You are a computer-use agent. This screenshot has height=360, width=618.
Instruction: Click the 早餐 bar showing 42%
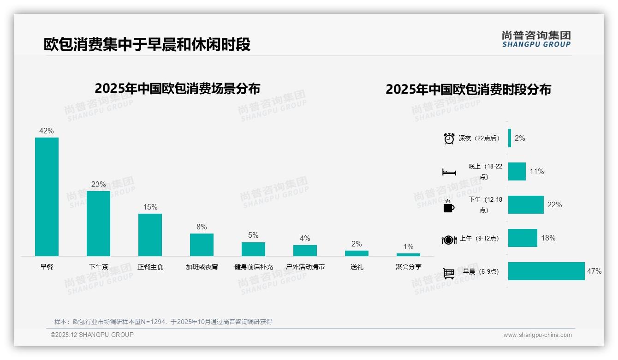point(47,197)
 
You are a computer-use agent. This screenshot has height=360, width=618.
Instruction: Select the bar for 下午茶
point(98,223)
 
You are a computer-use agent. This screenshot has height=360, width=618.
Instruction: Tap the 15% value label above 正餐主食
point(150,207)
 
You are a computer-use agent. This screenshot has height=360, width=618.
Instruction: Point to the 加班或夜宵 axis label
point(202,267)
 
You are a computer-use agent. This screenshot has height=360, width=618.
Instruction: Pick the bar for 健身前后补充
point(253,249)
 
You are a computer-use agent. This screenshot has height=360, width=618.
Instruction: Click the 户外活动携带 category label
point(305,267)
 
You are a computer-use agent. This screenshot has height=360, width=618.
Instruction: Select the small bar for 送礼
point(357,253)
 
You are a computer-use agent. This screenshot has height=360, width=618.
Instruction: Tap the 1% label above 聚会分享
point(408,246)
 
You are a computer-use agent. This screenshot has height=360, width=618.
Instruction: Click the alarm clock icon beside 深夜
point(449,138)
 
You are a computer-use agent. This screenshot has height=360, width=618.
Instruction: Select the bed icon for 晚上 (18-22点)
point(449,172)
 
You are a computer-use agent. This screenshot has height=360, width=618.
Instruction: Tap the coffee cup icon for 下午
point(449,206)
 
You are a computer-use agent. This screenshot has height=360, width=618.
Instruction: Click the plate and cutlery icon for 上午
point(449,240)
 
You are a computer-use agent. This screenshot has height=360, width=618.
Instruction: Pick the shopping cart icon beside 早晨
point(449,273)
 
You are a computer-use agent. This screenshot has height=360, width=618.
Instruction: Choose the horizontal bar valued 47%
point(546,271)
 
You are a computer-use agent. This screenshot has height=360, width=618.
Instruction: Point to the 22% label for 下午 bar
point(554,205)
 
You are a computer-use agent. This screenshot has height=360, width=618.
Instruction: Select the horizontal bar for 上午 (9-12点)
point(523,238)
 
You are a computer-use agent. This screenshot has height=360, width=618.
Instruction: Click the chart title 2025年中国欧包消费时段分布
point(468,90)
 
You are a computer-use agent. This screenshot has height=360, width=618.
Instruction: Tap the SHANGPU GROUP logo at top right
point(536,39)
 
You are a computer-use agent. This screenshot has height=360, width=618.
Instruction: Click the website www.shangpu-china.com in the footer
point(537,335)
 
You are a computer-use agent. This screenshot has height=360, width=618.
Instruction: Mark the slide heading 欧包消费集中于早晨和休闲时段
point(147,45)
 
